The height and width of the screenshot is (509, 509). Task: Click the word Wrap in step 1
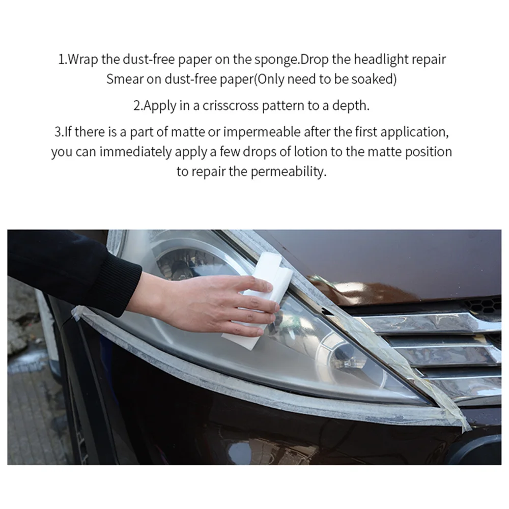coord(83,60)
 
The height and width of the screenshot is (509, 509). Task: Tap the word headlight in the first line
coord(381,60)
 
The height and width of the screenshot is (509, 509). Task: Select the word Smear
coord(125,79)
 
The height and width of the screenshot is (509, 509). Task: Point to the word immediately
coord(135,152)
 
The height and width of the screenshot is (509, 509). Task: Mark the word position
coord(429,152)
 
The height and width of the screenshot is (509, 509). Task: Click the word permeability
coord(288,172)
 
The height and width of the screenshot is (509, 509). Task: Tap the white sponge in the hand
coord(260,302)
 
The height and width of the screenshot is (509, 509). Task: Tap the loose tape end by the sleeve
coord(78,313)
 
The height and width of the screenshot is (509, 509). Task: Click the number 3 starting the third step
coord(58,132)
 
